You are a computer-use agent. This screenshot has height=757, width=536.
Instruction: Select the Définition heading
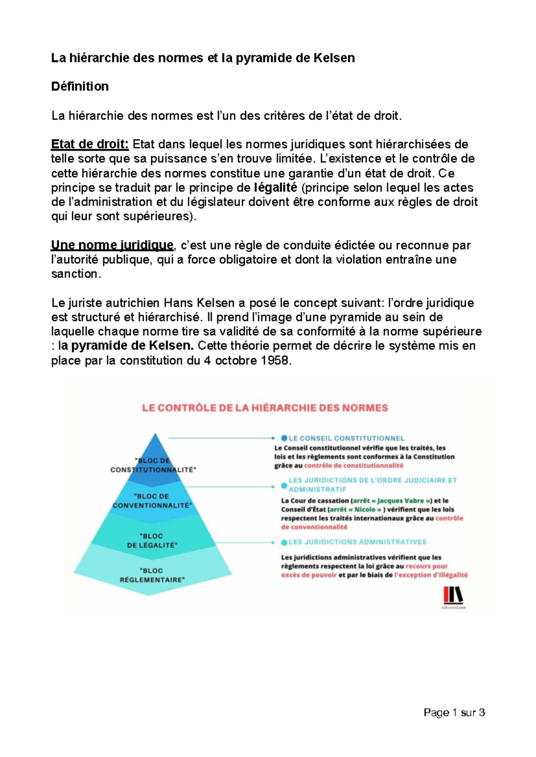coord(80,87)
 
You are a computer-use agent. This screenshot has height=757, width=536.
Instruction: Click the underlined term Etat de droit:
coord(90,144)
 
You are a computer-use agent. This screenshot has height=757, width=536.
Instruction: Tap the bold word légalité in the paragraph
coord(275,187)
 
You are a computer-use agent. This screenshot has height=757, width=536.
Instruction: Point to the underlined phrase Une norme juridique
coord(112,245)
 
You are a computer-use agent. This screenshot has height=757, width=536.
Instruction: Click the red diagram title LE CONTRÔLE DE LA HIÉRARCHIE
coord(265,408)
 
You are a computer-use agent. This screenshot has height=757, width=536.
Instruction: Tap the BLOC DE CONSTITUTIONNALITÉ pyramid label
coord(153,465)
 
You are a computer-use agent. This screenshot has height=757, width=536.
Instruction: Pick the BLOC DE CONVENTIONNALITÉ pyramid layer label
coord(152,501)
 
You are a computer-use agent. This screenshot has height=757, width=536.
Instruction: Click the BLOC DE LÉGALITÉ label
coord(152,541)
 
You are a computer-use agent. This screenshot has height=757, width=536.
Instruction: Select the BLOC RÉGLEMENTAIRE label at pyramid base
coord(152,575)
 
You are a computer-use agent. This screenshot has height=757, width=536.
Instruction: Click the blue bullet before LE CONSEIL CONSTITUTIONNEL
coord(284,438)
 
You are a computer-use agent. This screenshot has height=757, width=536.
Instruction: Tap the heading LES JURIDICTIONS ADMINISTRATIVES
coord(357,542)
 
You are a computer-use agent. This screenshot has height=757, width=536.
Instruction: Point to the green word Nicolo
coord(365,509)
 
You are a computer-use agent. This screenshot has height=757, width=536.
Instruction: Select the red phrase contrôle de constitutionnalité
coord(354,466)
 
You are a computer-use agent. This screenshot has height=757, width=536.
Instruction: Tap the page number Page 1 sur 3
coord(454,712)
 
